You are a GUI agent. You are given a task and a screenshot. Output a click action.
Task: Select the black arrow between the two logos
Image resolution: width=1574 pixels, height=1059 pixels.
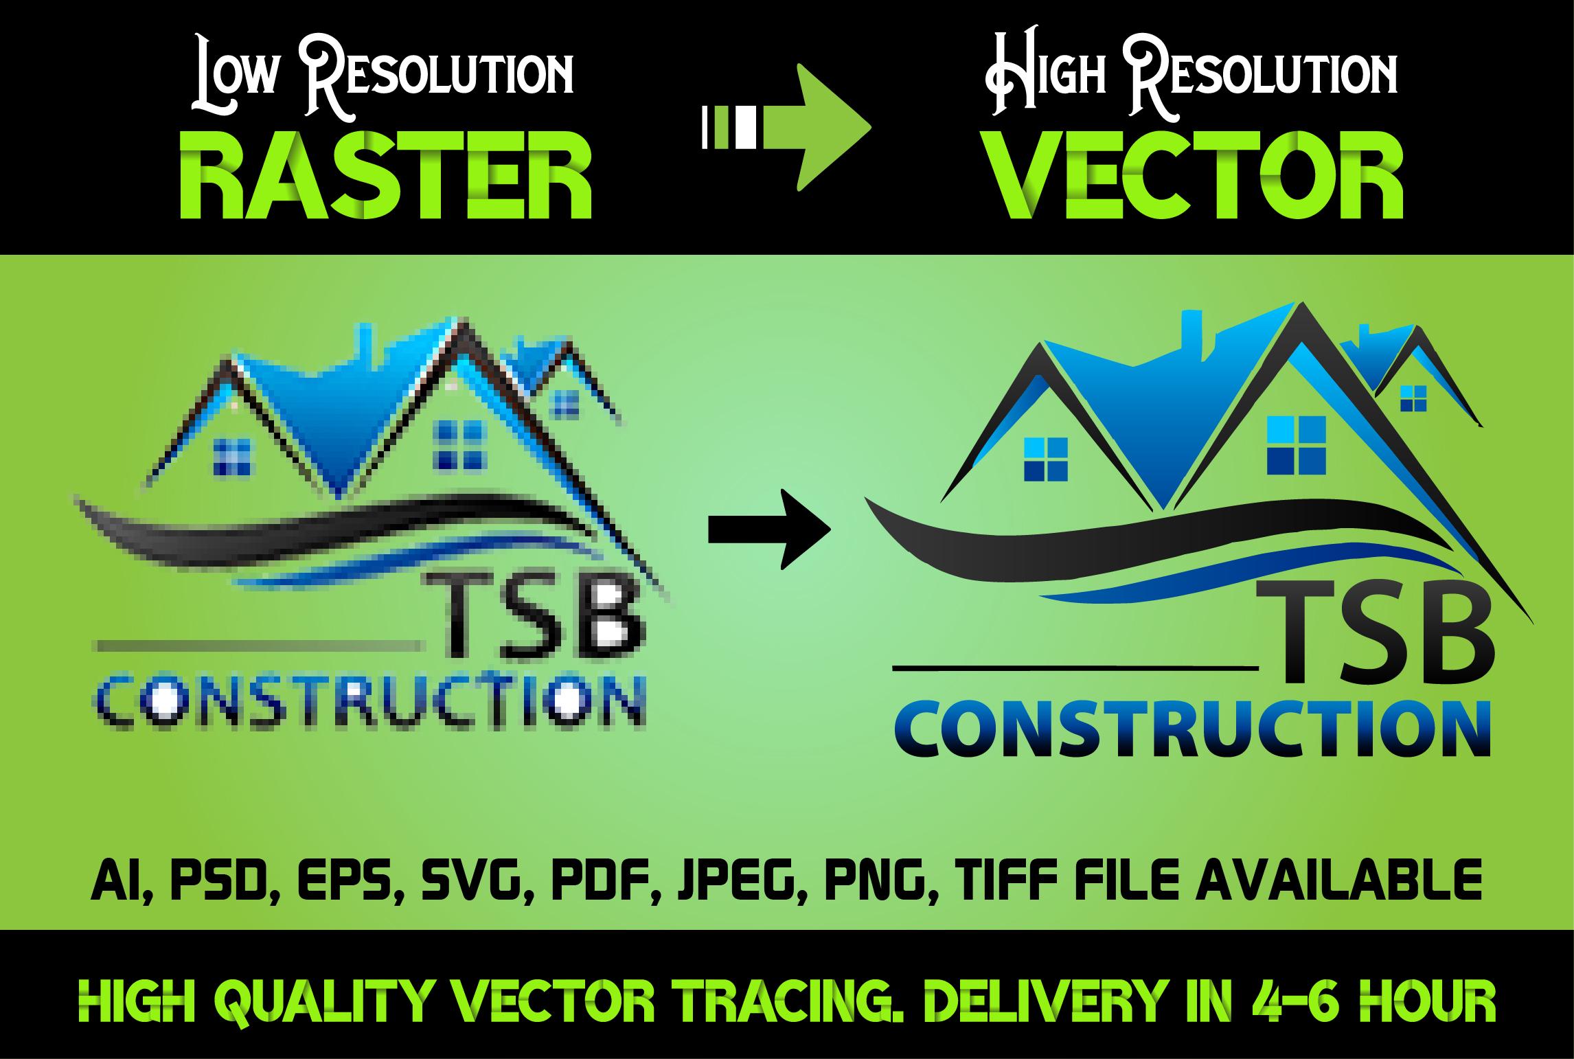pos(769,529)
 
